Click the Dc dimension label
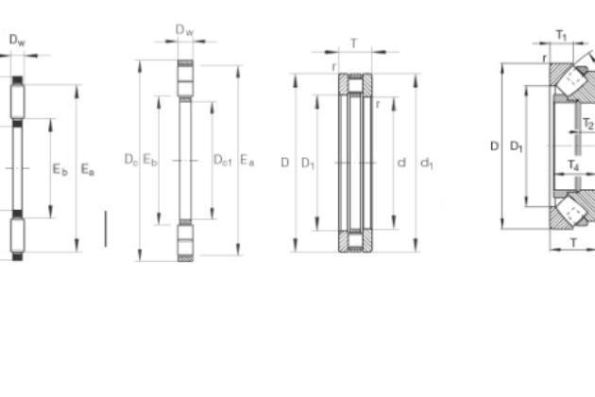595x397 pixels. click(x=131, y=160)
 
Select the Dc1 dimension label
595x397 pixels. click(x=222, y=160)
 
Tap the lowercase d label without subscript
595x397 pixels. click(x=401, y=163)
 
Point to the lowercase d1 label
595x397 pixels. click(x=427, y=164)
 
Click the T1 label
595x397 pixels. click(x=561, y=36)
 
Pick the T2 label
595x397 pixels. click(x=588, y=124)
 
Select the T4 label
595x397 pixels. click(x=573, y=165)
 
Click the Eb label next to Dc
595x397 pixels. click(x=150, y=160)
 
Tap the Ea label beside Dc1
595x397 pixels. click(x=247, y=160)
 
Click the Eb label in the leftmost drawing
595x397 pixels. click(x=59, y=169)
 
